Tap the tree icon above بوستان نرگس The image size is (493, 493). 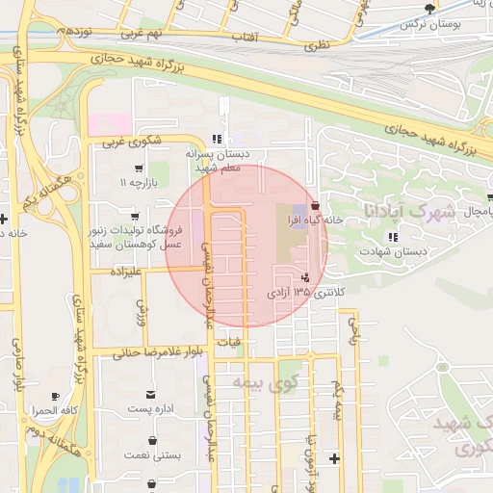click(430, 7)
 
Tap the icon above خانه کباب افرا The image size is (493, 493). click(315, 205)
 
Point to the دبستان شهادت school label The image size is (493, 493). click(391, 251)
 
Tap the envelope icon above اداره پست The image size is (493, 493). click(150, 394)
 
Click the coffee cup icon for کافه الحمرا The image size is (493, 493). click(55, 395)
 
